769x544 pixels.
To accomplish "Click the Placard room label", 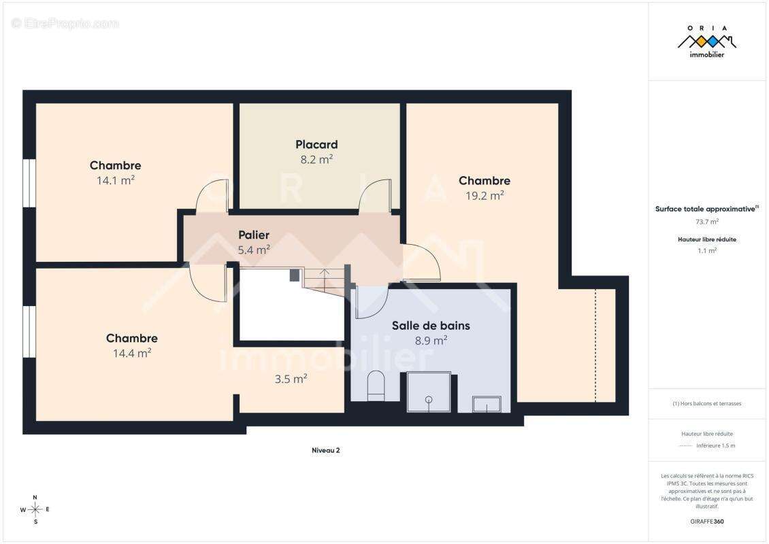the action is [316, 145].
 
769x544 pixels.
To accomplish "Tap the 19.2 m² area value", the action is [485, 196].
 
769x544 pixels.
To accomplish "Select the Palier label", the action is [254, 235].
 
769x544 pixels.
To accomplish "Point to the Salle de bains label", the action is [431, 326].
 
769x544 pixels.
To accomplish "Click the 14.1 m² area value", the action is [116, 180].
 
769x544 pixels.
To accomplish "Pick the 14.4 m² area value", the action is [132, 353].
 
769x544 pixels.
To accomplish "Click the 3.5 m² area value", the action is [291, 379].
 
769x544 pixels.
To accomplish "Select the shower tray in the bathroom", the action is [429, 392].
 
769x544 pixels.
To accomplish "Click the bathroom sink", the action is [487, 405].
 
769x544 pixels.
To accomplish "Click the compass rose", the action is [35, 510].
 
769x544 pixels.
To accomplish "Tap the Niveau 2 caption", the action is [326, 450].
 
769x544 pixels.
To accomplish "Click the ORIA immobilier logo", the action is [706, 41].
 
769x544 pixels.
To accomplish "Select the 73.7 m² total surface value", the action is [706, 222].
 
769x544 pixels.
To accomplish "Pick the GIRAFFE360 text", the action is [706, 522].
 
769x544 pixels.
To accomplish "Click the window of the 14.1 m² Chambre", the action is [29, 183].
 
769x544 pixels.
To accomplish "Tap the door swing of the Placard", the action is [375, 196].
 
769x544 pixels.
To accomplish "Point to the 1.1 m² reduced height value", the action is [706, 250].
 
